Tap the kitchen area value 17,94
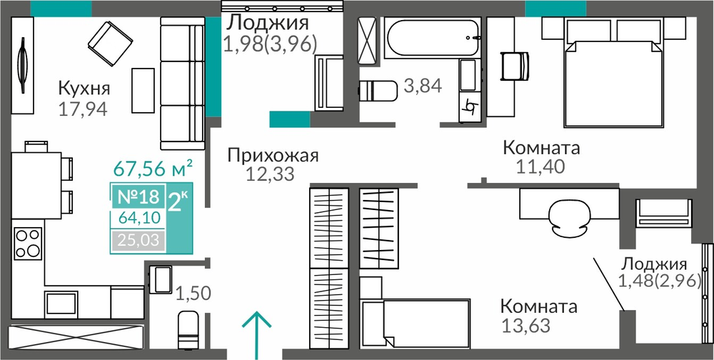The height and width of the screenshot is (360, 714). pos(83,109)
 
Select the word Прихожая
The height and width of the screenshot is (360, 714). pos(273,156)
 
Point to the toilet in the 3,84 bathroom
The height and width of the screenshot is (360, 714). pos(378,91)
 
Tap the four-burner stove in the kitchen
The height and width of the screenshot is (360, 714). pos(29,244)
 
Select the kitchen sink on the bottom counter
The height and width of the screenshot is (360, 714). pos(61,303)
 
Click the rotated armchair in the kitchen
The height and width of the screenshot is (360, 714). pos(110,44)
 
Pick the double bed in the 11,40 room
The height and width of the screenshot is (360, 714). pos(613,72)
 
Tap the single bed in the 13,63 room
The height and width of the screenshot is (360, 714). pos(415,324)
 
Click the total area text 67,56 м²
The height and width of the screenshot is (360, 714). pos(153,169)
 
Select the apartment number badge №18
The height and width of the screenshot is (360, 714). pos(139,197)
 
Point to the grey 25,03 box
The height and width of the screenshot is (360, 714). pos(139,240)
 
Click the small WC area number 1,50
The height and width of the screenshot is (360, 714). pos(193,294)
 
